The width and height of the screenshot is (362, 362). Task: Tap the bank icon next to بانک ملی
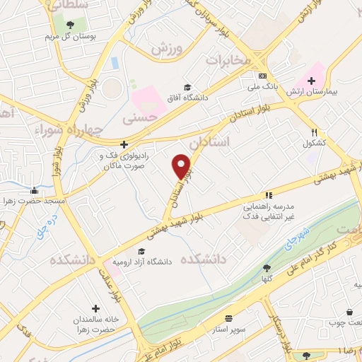coord(262,76)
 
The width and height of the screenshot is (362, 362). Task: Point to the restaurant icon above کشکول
coord(315,132)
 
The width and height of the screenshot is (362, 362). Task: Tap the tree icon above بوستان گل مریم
coord(69,25)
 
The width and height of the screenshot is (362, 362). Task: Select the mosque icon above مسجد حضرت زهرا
coord(33,190)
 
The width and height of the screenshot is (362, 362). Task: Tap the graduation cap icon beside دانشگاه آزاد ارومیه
coord(141,251)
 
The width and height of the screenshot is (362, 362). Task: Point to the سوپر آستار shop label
coord(228,329)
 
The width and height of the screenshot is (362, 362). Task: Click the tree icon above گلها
coord(266,268)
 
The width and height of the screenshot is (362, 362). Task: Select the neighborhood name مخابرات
coord(228,61)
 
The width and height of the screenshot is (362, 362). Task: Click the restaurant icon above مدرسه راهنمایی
coord(268,195)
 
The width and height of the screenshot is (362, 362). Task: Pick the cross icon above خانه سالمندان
coord(95,309)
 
